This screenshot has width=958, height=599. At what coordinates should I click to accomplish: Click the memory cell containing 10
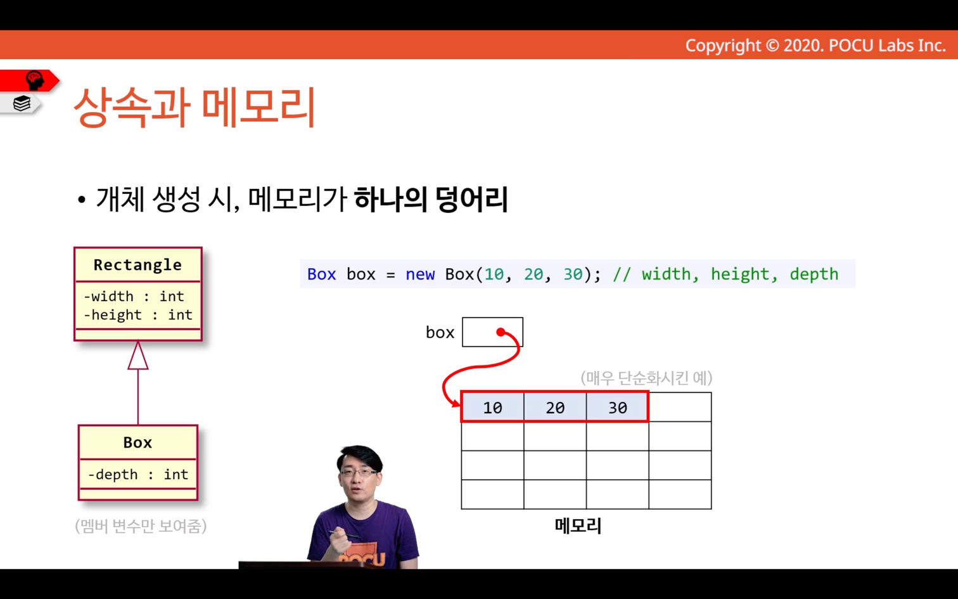(493, 407)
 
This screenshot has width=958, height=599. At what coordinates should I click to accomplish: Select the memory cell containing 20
(555, 407)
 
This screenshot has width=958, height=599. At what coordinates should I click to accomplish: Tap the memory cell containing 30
(618, 407)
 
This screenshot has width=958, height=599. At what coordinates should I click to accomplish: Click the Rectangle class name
(137, 265)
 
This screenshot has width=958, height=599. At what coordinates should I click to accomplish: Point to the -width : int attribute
(134, 296)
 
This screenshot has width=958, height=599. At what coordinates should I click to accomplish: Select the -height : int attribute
(138, 315)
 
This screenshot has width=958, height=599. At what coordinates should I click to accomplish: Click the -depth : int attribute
(138, 475)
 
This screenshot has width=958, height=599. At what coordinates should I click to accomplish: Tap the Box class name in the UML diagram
(137, 442)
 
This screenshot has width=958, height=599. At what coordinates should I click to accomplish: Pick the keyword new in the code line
(420, 274)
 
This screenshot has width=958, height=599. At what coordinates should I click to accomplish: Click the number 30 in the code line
(573, 274)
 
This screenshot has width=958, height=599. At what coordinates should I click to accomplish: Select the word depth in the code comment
(814, 274)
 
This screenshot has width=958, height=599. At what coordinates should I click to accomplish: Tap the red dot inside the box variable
(501, 332)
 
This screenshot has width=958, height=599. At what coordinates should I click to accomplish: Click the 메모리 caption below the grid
(578, 526)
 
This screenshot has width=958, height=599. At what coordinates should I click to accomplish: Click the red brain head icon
(35, 81)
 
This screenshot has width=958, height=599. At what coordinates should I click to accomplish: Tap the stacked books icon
(22, 103)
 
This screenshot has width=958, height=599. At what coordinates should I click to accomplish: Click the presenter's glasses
(359, 473)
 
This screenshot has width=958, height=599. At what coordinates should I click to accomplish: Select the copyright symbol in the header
(772, 46)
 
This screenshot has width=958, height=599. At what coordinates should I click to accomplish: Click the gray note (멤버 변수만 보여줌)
(141, 526)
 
